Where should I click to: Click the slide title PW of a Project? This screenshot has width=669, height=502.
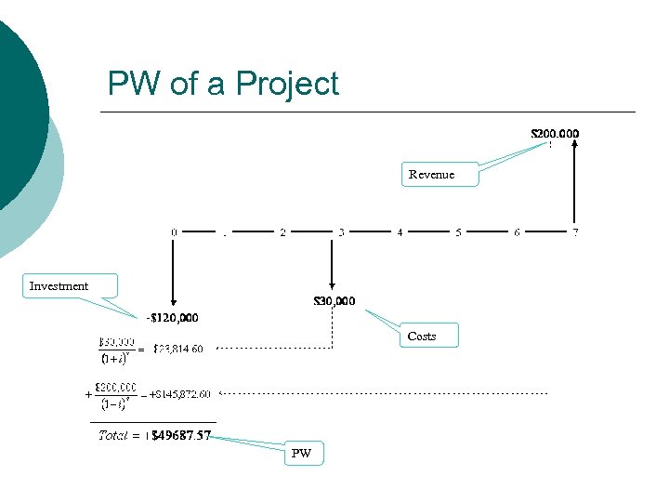pyautogui.click(x=223, y=84)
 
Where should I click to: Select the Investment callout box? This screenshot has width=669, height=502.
pyautogui.click(x=70, y=285)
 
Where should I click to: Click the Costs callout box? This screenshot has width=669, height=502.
pyautogui.click(x=430, y=336)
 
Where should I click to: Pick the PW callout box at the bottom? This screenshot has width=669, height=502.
pyautogui.click(x=303, y=454)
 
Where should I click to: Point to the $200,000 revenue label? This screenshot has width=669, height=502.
pyautogui.click(x=555, y=133)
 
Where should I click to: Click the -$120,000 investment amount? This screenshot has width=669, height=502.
pyautogui.click(x=173, y=318)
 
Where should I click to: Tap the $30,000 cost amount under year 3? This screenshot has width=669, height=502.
pyautogui.click(x=334, y=300)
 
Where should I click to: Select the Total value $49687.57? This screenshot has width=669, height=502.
pyautogui.click(x=180, y=435)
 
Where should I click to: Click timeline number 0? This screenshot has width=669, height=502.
pyautogui.click(x=174, y=231)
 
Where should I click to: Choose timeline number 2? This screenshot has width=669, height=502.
pyautogui.click(x=282, y=231)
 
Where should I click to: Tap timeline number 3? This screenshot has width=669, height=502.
pyautogui.click(x=341, y=231)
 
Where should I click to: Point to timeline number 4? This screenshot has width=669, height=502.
pyautogui.click(x=400, y=231)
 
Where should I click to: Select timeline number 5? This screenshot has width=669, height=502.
pyautogui.click(x=458, y=231)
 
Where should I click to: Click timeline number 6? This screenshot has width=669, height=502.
pyautogui.click(x=517, y=231)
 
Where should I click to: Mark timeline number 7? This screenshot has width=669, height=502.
pyautogui.click(x=575, y=231)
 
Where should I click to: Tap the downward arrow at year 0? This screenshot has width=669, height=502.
pyautogui.click(x=174, y=270)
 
